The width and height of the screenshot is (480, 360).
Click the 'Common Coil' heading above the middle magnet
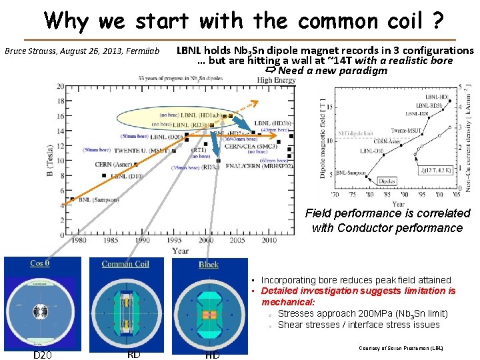[x=125, y=264]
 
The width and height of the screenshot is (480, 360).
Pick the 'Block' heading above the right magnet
[x=209, y=265]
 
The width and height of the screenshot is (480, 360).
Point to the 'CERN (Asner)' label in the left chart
[x=113, y=164]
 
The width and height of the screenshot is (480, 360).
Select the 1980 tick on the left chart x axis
[x=79, y=240]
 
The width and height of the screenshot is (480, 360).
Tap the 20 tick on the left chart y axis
[x=61, y=87]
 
